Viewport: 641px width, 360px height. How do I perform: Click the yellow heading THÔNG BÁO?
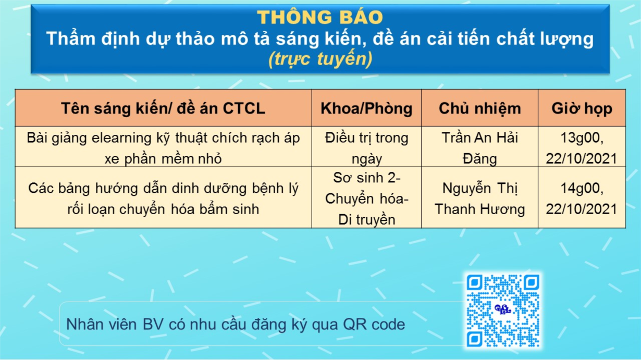[320, 17]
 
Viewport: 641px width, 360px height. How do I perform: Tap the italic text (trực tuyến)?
[320, 59]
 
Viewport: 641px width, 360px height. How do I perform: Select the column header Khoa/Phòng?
[366, 108]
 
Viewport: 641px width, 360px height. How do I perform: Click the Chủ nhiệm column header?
[479, 108]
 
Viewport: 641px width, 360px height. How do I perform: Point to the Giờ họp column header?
[582, 108]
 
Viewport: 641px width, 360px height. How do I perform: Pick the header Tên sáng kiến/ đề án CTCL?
[164, 108]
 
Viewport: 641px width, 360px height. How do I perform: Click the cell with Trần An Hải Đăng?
[479, 146]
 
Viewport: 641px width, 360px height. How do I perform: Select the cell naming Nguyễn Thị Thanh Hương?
[479, 197]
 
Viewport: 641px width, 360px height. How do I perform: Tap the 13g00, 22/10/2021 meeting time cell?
[582, 146]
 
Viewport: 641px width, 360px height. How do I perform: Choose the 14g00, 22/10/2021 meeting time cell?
[582, 197]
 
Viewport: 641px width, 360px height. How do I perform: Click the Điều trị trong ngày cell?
[366, 146]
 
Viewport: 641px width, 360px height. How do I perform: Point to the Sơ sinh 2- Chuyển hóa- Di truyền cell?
[366, 197]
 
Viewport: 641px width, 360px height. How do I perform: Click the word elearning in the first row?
[121, 139]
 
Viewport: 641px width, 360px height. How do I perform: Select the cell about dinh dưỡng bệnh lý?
[164, 197]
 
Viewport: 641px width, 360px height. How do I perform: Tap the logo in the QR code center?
[503, 309]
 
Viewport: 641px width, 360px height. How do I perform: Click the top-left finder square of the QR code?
[474, 282]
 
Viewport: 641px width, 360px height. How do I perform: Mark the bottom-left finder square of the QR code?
[474, 339]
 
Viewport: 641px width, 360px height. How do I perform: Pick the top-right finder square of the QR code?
[532, 282]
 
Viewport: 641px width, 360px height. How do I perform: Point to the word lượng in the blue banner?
[567, 39]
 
